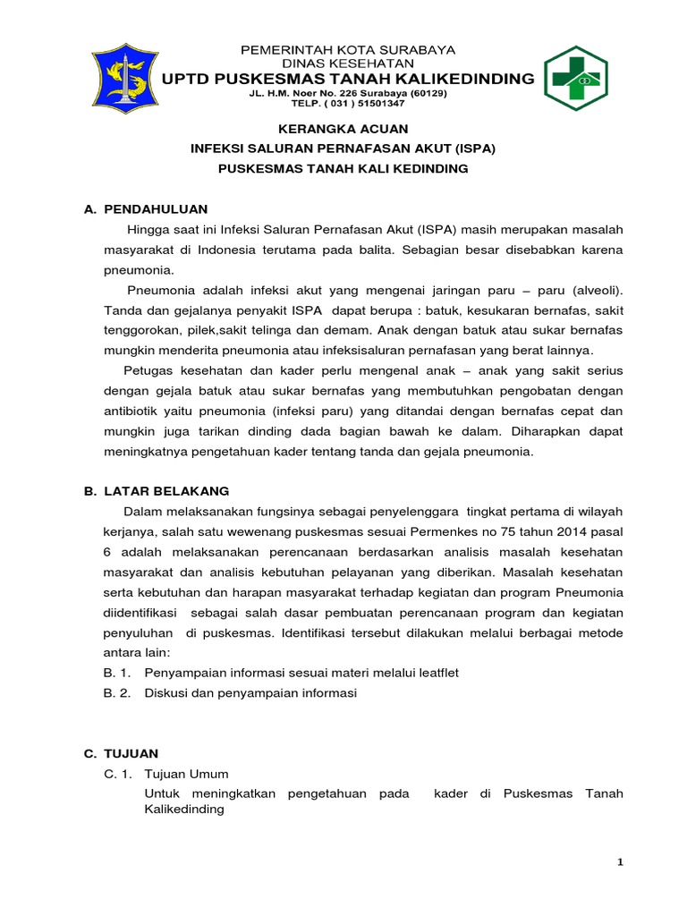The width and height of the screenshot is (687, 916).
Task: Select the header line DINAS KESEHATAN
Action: tap(348, 64)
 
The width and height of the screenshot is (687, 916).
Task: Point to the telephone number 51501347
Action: tap(369, 104)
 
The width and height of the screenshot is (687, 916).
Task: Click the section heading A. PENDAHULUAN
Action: tap(145, 208)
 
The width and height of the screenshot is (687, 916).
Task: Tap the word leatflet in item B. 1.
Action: tap(434, 672)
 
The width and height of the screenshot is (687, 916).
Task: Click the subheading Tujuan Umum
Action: tap(191, 774)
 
